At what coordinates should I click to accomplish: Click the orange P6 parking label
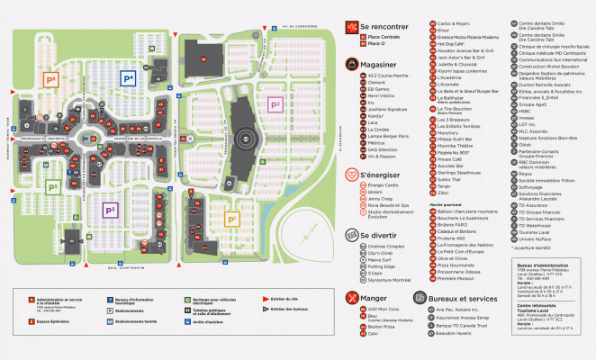(x=51, y=79)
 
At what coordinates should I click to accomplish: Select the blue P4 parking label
(x=128, y=79)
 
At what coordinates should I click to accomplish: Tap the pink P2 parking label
(x=276, y=104)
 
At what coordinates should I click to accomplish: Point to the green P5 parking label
(x=53, y=186)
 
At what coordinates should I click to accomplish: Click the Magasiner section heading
(x=384, y=64)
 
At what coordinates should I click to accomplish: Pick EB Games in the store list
(x=376, y=89)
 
